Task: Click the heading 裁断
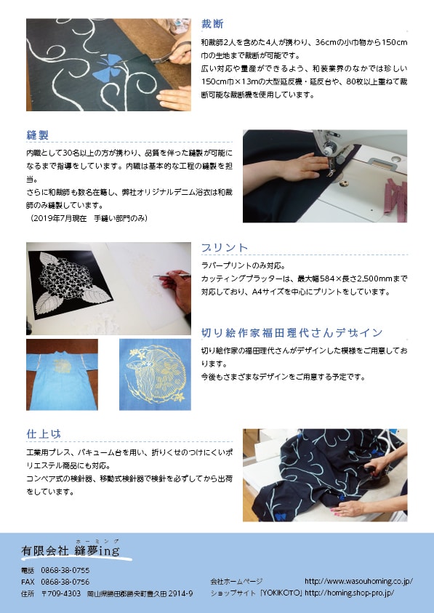tap(212, 24)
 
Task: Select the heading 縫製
tap(38, 135)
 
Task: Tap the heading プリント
tap(225, 248)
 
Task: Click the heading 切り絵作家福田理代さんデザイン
tap(292, 333)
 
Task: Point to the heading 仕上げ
tap(44, 434)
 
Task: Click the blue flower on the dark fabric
tap(108, 67)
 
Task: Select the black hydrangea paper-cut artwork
tap(70, 284)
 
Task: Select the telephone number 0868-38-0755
tap(65, 570)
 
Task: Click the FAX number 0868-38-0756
tap(65, 582)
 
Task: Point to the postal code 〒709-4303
tap(61, 593)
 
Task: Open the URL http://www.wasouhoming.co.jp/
tap(358, 581)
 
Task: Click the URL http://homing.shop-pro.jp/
tap(349, 593)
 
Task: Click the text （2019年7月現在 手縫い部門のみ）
tap(89, 219)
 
